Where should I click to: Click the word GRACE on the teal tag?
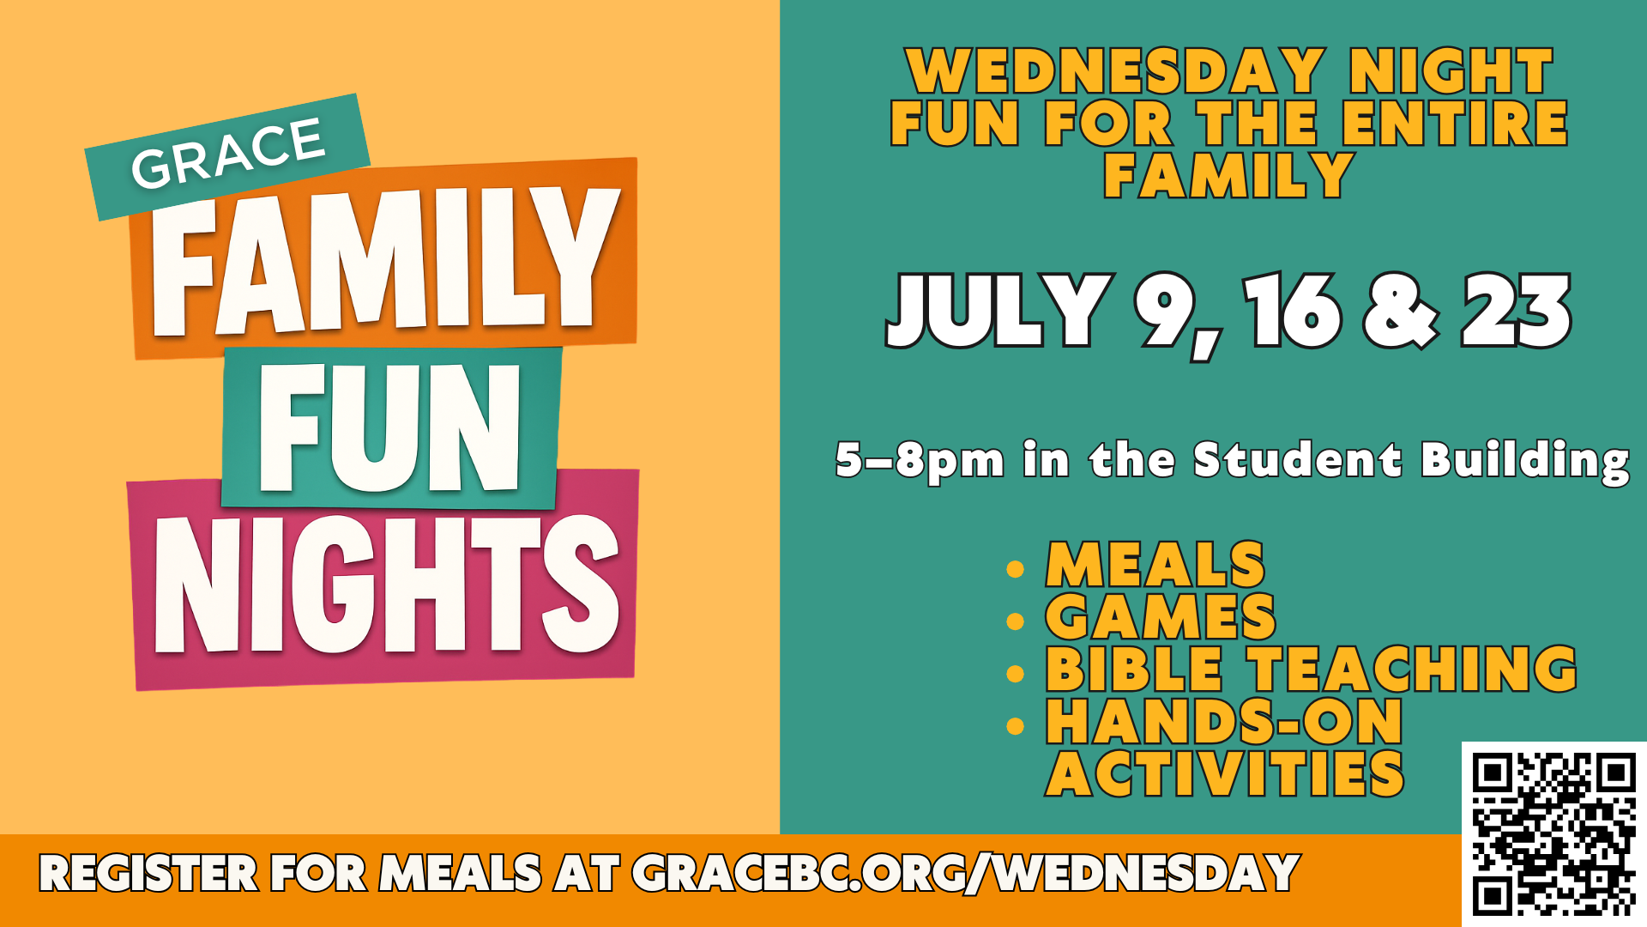click(228, 153)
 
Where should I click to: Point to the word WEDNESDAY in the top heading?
click(1116, 71)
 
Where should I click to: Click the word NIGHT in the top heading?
click(1451, 71)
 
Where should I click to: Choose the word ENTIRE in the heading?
click(1455, 123)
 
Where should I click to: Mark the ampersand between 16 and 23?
click(1401, 310)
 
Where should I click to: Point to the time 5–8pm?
click(920, 461)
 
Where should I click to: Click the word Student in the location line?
click(1298, 459)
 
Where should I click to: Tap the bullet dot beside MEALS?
click(1016, 569)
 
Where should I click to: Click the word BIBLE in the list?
click(1134, 669)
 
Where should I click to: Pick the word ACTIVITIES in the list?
click(1225, 773)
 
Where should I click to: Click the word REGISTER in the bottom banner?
click(148, 874)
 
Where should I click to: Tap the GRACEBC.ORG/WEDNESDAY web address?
click(966, 874)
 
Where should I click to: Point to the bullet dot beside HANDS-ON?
click(1016, 726)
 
